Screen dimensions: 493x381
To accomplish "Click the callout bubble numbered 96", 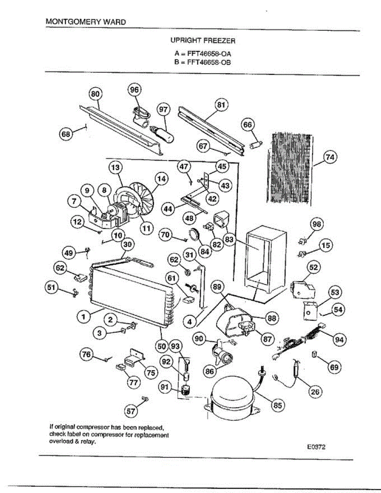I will tap(135, 90).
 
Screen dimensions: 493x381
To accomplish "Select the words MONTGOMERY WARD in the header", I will tap(86, 21).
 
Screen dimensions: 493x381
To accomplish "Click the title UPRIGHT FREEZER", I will tap(203, 41).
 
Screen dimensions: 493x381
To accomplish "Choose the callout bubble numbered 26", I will tap(315, 392).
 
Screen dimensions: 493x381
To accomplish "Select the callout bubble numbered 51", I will tap(51, 288).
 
